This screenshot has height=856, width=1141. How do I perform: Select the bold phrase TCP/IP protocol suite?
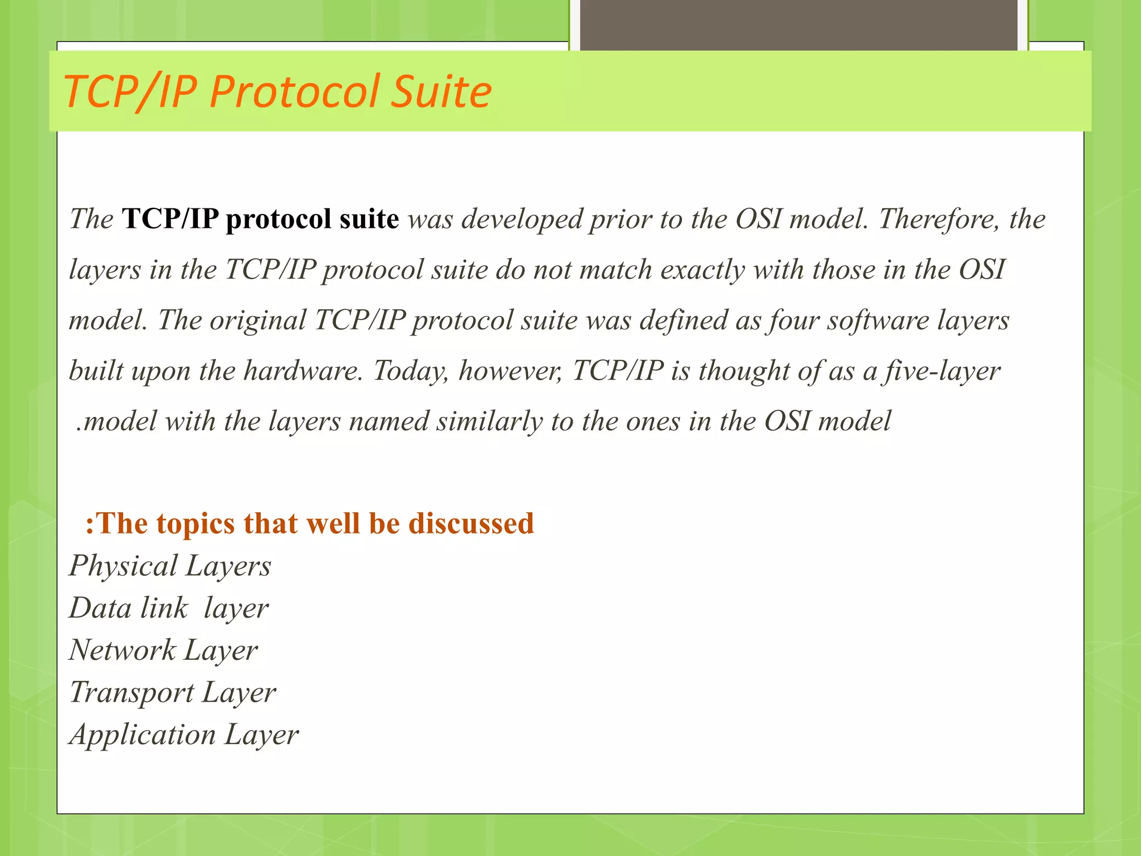pos(260,218)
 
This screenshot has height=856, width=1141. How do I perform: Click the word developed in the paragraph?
pos(522,218)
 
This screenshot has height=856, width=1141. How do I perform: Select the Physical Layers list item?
pos(170,566)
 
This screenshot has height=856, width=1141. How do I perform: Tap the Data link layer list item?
pos(169,608)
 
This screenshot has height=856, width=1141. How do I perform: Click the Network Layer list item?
pos(163,650)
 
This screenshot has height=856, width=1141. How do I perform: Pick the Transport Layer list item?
pos(173,693)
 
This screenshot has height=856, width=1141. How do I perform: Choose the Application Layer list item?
pos(184,735)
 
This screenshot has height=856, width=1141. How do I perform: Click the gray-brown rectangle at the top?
pos(798,25)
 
